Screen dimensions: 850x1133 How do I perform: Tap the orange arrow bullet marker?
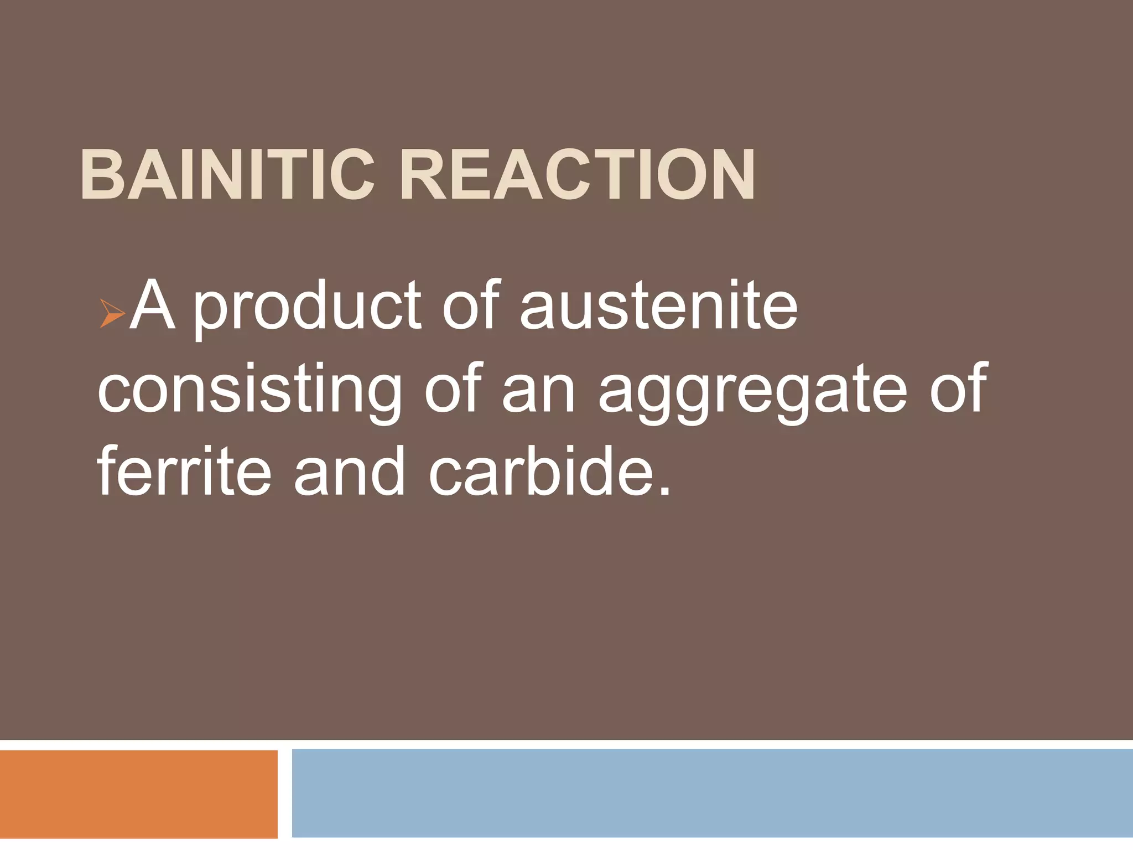click(112, 313)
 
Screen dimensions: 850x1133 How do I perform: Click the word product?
click(307, 307)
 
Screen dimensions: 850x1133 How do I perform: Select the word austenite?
click(658, 305)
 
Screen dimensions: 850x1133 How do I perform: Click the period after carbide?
click(665, 490)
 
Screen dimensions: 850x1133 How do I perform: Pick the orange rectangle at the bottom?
click(138, 794)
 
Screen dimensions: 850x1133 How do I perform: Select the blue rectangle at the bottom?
click(712, 794)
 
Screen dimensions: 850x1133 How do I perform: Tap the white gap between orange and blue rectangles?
click(284, 794)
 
